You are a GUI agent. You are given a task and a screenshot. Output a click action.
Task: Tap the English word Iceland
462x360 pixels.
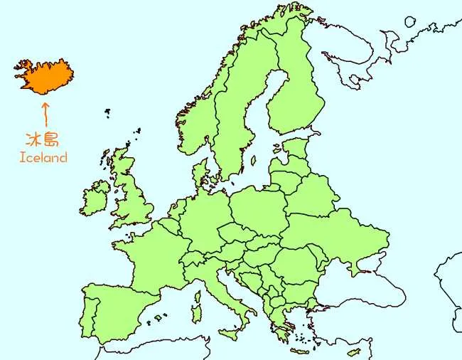pos(43,158)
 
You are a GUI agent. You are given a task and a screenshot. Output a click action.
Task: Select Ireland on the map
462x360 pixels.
pos(95,198)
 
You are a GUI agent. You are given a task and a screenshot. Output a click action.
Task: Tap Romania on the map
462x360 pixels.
pos(294,264)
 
